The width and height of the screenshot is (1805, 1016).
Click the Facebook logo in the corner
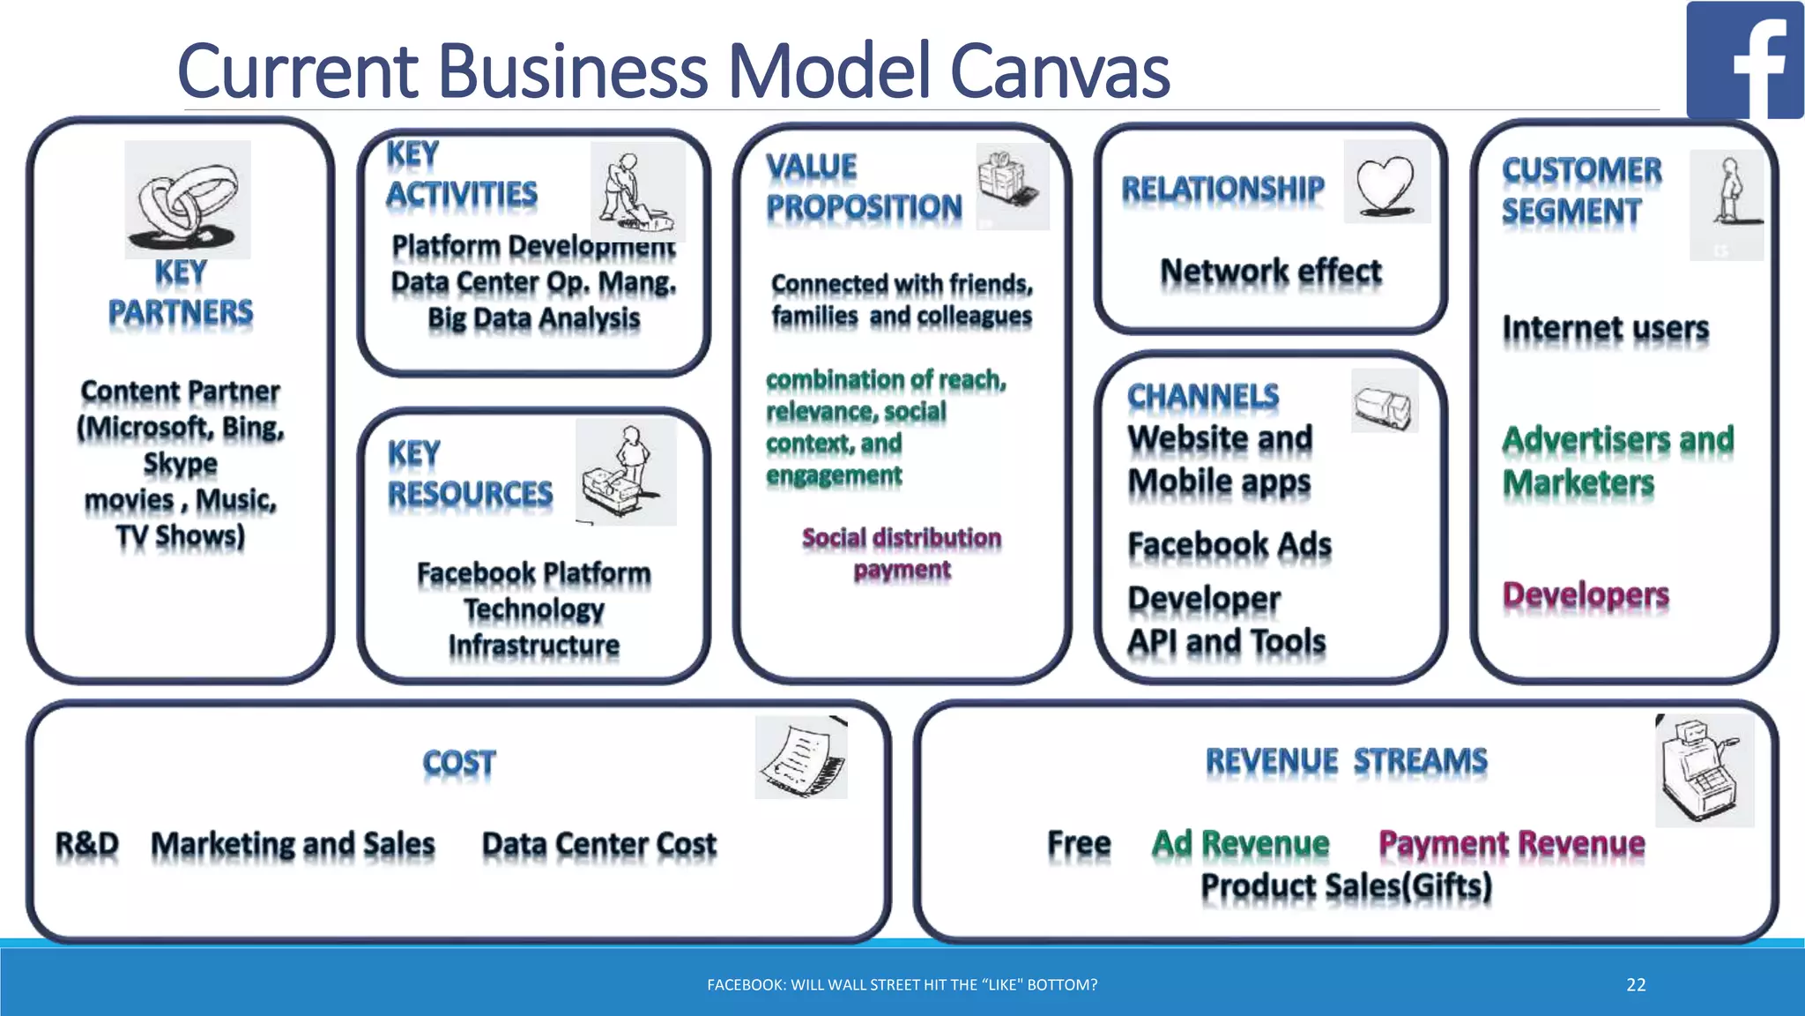click(1744, 60)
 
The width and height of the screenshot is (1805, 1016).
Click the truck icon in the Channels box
click(1384, 403)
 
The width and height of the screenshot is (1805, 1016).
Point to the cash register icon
click(1703, 771)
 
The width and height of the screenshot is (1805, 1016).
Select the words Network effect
click(1270, 272)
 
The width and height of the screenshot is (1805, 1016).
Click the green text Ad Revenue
click(1240, 843)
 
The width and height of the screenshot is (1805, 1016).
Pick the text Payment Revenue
click(1512, 843)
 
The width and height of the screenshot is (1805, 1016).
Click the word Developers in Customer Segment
click(1585, 595)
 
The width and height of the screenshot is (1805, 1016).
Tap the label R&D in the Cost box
click(86, 844)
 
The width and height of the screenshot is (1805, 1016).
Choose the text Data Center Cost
click(598, 844)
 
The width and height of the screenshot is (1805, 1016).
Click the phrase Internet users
click(1605, 328)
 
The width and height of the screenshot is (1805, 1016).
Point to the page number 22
click(1636, 985)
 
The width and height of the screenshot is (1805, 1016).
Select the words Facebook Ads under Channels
click(1229, 545)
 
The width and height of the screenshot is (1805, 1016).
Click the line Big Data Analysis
click(533, 318)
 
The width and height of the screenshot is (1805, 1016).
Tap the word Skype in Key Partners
click(180, 464)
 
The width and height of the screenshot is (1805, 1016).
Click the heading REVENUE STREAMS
click(1346, 760)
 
